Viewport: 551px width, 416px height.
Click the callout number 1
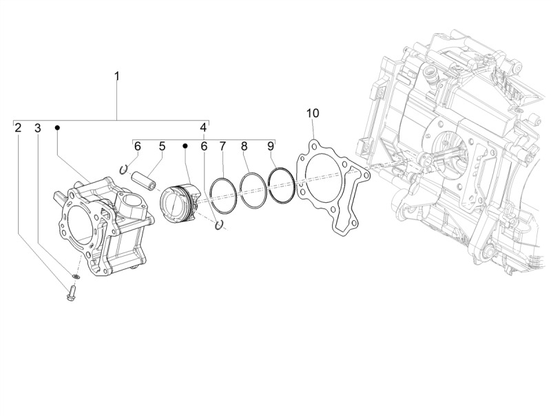tap(116, 77)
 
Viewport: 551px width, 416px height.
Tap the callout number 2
tap(18, 128)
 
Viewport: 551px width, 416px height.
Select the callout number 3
tap(38, 128)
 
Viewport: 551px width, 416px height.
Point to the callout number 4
tap(204, 128)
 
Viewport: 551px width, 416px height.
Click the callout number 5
tap(162, 146)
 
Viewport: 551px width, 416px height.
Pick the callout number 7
tap(222, 146)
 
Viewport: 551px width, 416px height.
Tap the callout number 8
tap(245, 146)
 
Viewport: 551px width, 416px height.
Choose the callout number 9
tap(270, 146)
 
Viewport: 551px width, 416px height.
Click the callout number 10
tap(313, 113)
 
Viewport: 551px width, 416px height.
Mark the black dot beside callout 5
tap(185, 146)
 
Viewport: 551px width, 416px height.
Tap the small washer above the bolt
tap(76, 275)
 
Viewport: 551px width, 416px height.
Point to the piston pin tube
tap(144, 180)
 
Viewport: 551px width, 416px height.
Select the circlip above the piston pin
tap(123, 170)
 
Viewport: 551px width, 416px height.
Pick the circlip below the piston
tap(219, 225)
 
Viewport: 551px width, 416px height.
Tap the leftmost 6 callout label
tap(137, 146)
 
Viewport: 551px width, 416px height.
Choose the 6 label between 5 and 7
tap(204, 146)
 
